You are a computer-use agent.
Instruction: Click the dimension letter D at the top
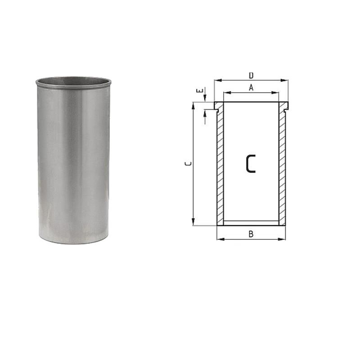click(x=251, y=75)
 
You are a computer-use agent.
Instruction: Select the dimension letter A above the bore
click(x=251, y=88)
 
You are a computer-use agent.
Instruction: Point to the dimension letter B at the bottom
click(x=251, y=234)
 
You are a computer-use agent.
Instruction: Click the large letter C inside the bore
click(x=251, y=164)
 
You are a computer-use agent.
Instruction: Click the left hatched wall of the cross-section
click(x=220, y=166)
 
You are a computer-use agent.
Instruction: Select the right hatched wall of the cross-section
click(x=282, y=166)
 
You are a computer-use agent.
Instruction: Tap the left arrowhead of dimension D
click(x=216, y=81)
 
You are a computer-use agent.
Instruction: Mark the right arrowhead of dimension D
click(x=286, y=81)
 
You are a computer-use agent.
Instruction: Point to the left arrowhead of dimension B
click(x=219, y=239)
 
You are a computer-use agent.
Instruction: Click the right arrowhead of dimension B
click(x=283, y=239)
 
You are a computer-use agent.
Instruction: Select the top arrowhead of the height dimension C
click(x=193, y=105)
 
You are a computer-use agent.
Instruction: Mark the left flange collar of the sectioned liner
click(x=218, y=106)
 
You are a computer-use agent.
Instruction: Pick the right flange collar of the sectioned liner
click(x=283, y=106)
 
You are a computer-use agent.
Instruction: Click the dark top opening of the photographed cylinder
click(x=73, y=82)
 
